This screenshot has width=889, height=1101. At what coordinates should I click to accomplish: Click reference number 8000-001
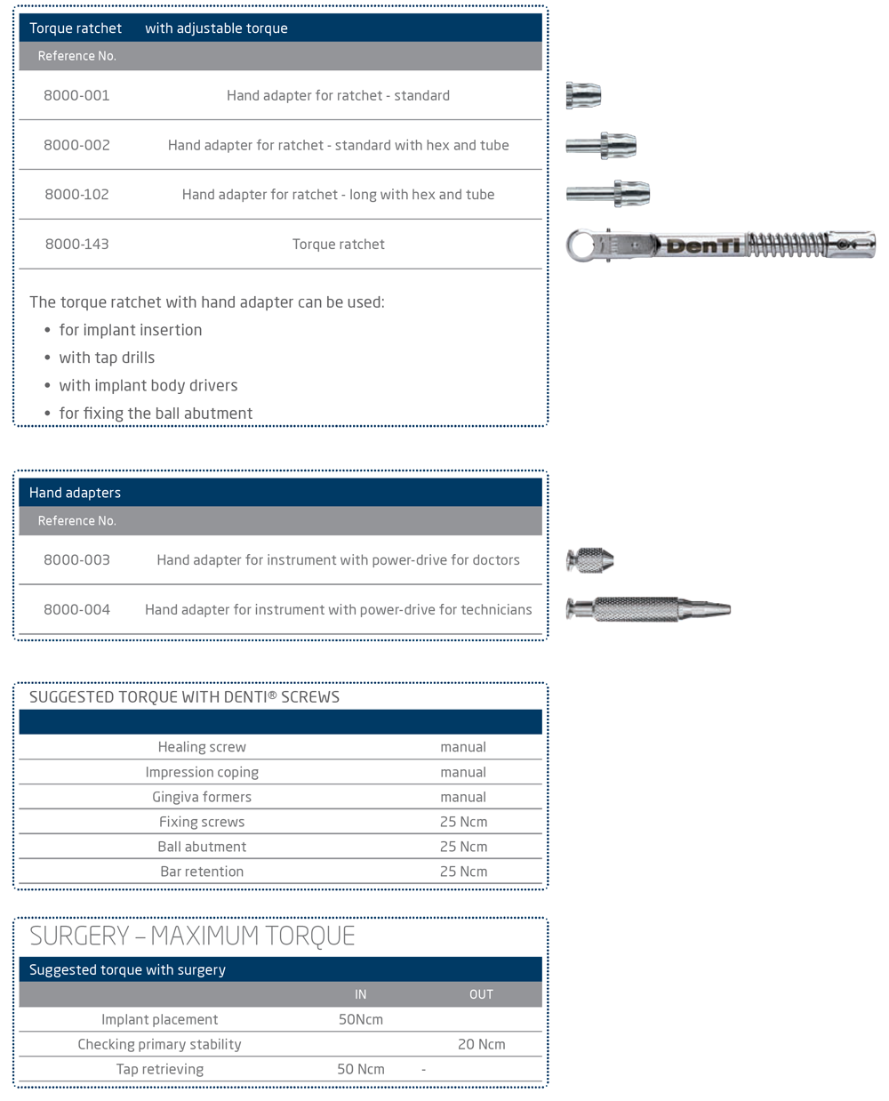76,95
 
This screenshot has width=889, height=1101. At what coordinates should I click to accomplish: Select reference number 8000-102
76,195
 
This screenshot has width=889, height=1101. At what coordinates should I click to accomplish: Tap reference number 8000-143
76,245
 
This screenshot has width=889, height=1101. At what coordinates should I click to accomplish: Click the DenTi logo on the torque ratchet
702,245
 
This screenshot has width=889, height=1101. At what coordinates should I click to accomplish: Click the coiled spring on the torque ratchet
787,244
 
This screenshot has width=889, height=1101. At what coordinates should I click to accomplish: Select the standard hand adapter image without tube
584,95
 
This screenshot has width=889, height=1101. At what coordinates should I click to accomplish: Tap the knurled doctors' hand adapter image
590,560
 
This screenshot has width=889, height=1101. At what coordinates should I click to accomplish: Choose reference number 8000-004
76,610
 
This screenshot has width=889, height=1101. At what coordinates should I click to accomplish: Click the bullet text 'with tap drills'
107,358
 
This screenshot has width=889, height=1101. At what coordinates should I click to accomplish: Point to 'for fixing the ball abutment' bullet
156,414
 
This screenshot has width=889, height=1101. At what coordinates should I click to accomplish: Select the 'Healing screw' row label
202,747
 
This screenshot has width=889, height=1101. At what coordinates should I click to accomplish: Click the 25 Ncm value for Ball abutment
463,847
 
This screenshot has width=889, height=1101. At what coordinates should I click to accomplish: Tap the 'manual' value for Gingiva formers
463,797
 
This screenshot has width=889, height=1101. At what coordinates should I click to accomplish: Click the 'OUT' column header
481,994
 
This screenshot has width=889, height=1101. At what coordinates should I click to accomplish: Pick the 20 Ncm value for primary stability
481,1044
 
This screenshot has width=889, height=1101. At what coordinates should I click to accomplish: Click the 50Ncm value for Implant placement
360,1019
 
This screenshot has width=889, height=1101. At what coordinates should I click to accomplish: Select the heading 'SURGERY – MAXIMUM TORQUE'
192,936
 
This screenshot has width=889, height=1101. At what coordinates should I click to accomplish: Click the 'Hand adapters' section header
75,493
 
